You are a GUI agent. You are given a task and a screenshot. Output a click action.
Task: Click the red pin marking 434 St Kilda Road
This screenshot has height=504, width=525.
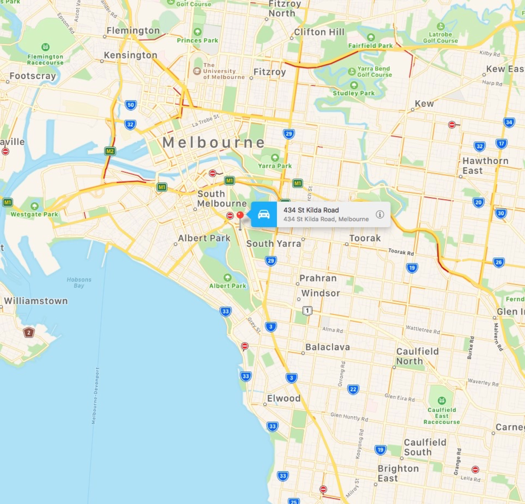click(240, 215)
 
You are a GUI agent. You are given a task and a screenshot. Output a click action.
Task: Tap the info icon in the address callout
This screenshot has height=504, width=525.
click(380, 214)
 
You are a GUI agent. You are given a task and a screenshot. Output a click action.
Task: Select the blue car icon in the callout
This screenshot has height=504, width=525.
click(264, 214)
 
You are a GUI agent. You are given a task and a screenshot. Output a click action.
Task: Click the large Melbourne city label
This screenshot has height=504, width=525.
click(214, 142)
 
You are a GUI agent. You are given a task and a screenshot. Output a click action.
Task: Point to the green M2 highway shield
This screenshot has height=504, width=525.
click(110, 151)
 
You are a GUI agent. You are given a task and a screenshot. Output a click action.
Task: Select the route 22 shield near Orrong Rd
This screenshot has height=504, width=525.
click(353, 389)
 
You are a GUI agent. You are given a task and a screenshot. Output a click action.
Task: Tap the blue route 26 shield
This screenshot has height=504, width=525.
click(498, 262)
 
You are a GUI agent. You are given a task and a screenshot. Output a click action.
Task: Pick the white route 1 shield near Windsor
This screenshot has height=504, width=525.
click(307, 311)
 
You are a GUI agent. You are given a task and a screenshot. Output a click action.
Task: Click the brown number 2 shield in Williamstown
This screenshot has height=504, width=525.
click(29, 333)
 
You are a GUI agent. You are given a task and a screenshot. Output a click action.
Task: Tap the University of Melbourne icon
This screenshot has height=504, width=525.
click(197, 71)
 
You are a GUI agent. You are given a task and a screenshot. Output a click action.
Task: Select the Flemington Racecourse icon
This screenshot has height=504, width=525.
click(46, 47)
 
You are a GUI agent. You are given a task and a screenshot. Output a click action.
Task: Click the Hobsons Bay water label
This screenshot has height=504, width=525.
click(79, 282)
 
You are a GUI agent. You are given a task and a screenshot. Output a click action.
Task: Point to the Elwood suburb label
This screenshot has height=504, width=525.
click(284, 398)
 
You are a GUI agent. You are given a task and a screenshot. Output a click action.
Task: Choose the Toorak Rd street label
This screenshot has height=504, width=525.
click(401, 252)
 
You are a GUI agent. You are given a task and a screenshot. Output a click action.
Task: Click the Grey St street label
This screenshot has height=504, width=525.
click(254, 325)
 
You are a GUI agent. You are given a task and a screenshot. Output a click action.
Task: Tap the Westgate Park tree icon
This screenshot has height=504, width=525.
click(34, 206)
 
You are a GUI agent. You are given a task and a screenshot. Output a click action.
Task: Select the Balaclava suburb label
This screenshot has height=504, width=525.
click(328, 347)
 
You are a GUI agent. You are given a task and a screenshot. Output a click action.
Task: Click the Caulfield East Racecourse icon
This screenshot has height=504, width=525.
click(441, 401)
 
